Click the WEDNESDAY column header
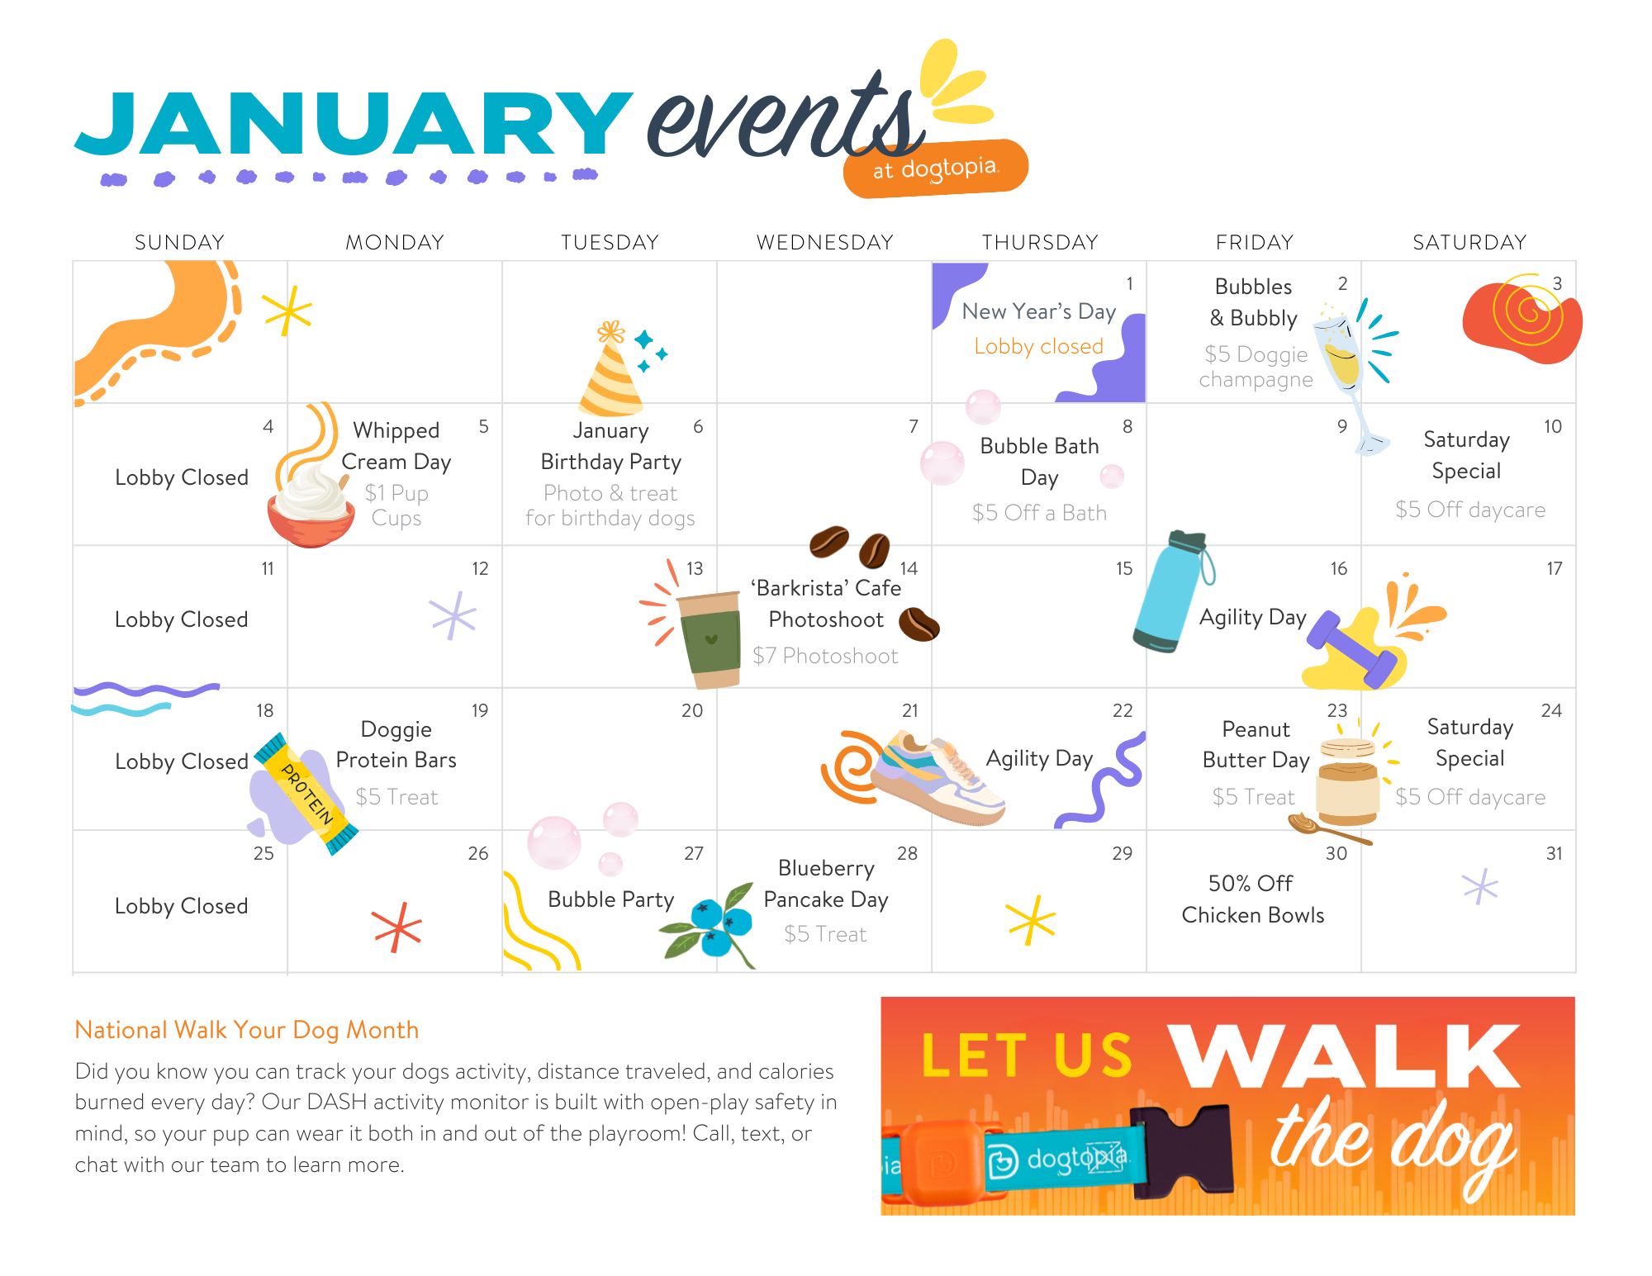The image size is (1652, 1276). pyautogui.click(x=825, y=242)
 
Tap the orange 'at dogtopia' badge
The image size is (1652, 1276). pyautogui.click(x=936, y=168)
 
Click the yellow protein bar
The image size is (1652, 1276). pyautogui.click(x=306, y=794)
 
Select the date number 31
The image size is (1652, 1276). pyautogui.click(x=1554, y=854)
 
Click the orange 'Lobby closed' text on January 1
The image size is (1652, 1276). pyautogui.click(x=1038, y=346)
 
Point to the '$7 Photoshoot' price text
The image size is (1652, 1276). pyautogui.click(x=825, y=656)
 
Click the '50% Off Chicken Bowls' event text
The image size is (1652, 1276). pyautogui.click(x=1252, y=899)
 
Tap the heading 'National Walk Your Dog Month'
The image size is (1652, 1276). pyautogui.click(x=247, y=1030)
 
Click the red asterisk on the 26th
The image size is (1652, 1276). pyautogui.click(x=397, y=927)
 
